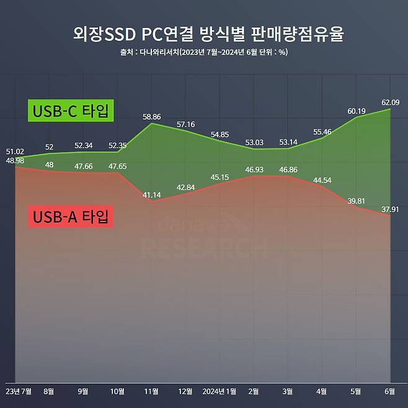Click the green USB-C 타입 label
pyautogui.click(x=71, y=112)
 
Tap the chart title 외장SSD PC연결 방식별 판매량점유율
pyautogui.click(x=204, y=35)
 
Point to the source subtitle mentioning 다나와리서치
pyautogui.click(x=204, y=52)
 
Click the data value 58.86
pyautogui.click(x=151, y=116)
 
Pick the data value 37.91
pyautogui.click(x=391, y=209)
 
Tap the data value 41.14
pyautogui.click(x=151, y=195)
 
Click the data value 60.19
pyautogui.click(x=357, y=111)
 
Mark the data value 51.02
pyautogui.click(x=15, y=151)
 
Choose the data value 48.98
pyautogui.click(x=15, y=161)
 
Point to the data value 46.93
pyautogui.click(x=254, y=169)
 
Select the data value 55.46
pyautogui.click(x=322, y=132)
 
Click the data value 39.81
pyautogui.click(x=357, y=200)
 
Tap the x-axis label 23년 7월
pyautogui.click(x=19, y=392)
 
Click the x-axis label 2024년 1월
pyautogui.click(x=220, y=392)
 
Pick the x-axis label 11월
pyautogui.click(x=151, y=392)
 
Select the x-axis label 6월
pyautogui.click(x=390, y=392)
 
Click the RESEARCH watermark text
pyautogui.click(x=204, y=248)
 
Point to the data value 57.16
pyautogui.click(x=185, y=125)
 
